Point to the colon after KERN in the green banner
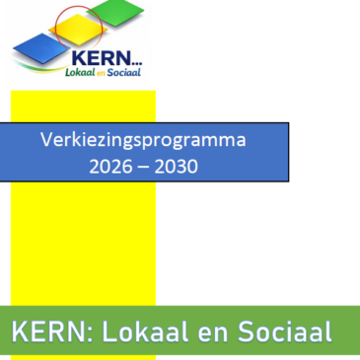(x=82, y=332)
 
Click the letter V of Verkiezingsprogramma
(x=46, y=140)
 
